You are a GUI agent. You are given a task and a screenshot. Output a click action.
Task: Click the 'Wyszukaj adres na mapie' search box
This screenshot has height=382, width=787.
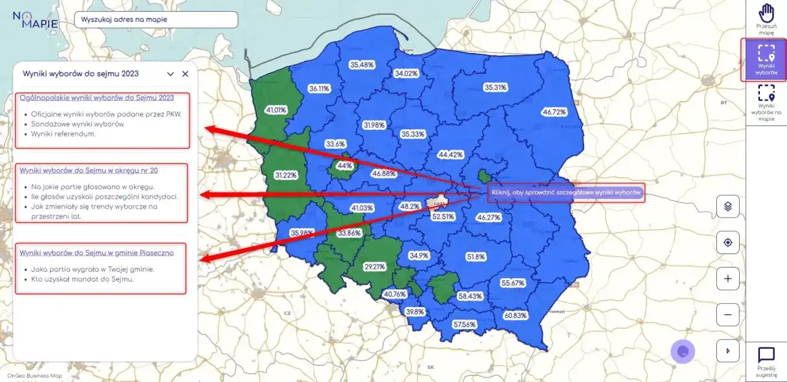(x=156, y=19)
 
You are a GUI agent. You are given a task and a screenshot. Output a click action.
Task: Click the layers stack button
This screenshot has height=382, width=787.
(x=728, y=206)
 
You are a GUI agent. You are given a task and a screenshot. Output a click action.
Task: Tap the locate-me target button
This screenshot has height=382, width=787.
(x=728, y=242)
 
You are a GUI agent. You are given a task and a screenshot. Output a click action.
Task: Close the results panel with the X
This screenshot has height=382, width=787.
(x=185, y=74)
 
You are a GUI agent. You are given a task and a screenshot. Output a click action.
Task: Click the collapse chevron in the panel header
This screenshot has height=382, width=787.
(x=170, y=74)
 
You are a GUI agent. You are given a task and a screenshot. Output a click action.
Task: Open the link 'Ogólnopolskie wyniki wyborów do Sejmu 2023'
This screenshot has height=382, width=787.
(x=97, y=98)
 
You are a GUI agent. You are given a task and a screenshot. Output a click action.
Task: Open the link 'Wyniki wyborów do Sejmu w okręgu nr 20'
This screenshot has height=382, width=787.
(x=89, y=170)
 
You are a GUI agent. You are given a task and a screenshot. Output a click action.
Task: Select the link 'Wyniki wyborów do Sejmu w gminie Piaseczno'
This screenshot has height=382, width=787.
(x=97, y=253)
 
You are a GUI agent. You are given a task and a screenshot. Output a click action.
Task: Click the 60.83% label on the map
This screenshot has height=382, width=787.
(x=515, y=316)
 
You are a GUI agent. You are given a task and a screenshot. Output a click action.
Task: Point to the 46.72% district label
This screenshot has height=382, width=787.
(x=554, y=113)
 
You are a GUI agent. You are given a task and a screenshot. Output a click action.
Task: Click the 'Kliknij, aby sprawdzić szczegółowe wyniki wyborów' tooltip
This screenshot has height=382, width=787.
(x=566, y=193)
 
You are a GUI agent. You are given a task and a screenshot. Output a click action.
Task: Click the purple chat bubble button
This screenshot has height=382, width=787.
(x=682, y=351)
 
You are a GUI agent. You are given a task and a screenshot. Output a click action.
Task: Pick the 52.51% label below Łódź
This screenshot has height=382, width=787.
(x=443, y=217)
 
